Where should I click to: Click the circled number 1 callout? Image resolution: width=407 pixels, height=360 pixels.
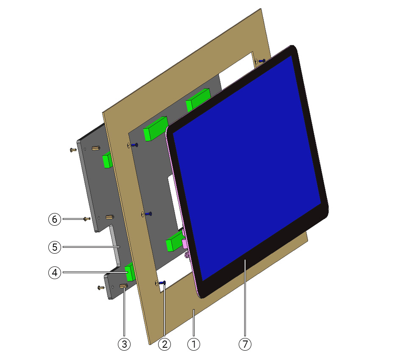(x=194, y=344)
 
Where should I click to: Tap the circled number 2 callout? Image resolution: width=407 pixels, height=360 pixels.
(x=164, y=344)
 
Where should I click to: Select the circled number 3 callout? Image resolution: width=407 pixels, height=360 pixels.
(x=124, y=344)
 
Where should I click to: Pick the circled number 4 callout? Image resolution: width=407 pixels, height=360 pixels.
(x=55, y=273)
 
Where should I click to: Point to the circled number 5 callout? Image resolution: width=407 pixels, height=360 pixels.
(x=55, y=247)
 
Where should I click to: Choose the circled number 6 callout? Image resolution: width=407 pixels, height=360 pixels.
(x=55, y=219)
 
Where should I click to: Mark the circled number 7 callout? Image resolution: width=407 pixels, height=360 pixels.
(x=245, y=344)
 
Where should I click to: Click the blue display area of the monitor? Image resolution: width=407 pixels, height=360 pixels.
(x=247, y=169)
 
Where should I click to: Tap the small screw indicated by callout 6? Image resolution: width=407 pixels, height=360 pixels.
(x=86, y=219)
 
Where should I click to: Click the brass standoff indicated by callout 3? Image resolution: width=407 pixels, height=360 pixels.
(x=123, y=286)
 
